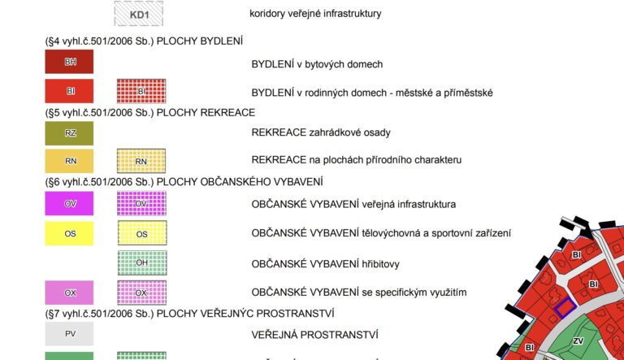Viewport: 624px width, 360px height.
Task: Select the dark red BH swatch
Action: click(69, 62)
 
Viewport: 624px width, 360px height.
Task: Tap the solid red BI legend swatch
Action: click(69, 91)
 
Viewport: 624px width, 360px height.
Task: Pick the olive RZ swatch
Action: click(69, 132)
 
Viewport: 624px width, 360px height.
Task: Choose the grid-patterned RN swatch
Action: click(141, 161)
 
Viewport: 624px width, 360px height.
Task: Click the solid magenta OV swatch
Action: click(69, 203)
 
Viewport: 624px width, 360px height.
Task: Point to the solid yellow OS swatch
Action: click(69, 233)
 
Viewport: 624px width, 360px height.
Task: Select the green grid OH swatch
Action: click(141, 262)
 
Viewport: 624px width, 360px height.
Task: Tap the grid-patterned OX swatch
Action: click(141, 292)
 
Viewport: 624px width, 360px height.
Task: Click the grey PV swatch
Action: click(69, 334)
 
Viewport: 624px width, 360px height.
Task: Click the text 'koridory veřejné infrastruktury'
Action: click(316, 14)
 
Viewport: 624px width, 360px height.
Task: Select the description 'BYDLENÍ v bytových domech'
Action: click(317, 63)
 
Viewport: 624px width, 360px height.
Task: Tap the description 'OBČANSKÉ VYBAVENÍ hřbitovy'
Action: click(325, 263)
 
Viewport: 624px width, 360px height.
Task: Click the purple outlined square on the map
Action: click(565, 307)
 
